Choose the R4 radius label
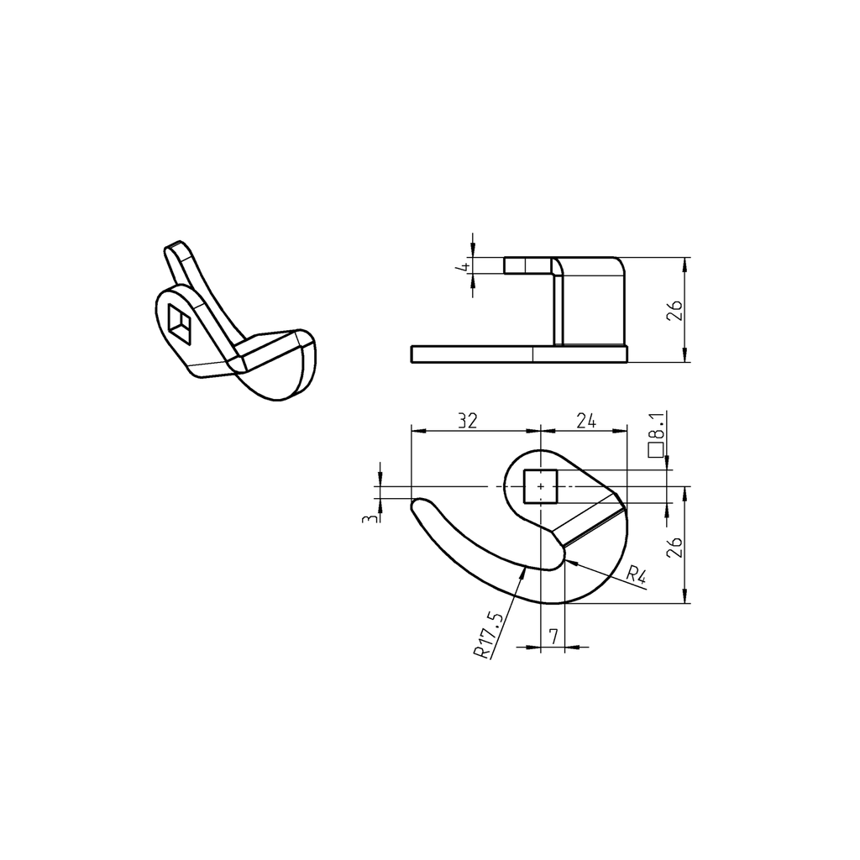pos(637,576)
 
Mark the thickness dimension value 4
pos(461,266)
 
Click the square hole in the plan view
pos(540,486)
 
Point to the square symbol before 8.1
pos(657,451)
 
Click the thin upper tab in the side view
pos(527,265)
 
